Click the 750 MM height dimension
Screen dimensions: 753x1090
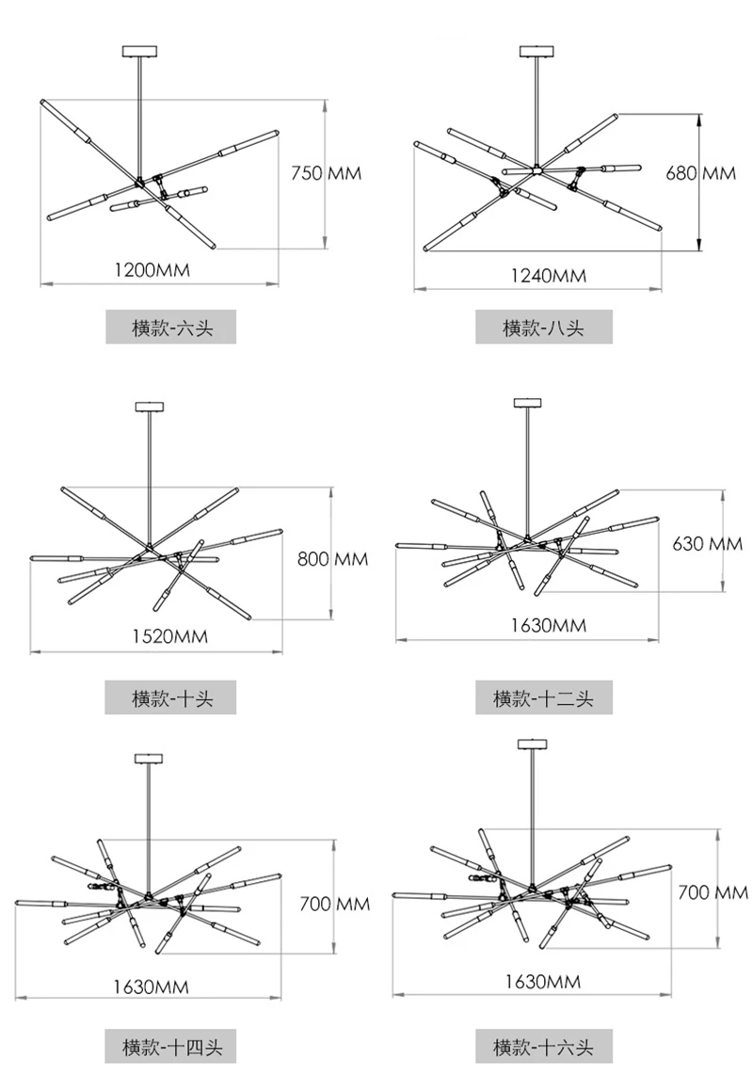tap(326, 172)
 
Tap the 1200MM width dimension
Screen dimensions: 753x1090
tap(152, 270)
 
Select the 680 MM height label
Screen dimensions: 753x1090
tap(701, 172)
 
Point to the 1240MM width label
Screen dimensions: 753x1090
tap(549, 276)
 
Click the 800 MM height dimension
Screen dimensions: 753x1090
tap(333, 559)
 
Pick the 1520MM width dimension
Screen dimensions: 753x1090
tap(170, 636)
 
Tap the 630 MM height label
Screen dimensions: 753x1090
tap(707, 544)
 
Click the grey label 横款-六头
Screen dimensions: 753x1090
tap(171, 327)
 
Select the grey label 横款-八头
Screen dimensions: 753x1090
tap(544, 327)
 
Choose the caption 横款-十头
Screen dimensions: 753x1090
tap(171, 697)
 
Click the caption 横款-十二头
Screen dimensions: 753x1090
tap(544, 697)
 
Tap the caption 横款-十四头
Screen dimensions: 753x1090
tap(171, 1046)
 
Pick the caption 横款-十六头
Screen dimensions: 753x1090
tap(544, 1046)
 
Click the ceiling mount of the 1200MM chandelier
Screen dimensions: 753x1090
tap(139, 51)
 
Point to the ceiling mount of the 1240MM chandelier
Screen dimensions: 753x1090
tap(537, 51)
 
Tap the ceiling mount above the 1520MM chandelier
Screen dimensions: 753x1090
tap(150, 407)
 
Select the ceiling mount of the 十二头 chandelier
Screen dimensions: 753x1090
tap(527, 403)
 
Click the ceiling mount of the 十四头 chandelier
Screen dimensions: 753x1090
tap(149, 759)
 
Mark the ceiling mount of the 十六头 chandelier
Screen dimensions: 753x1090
tap(533, 745)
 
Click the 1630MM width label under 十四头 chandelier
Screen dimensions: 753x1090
tap(151, 986)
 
